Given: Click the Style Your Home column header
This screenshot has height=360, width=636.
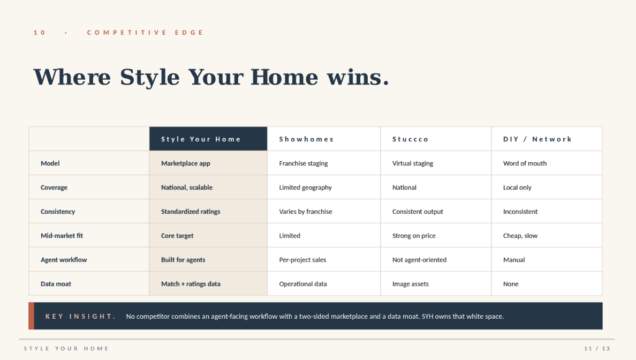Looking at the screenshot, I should coord(201,139).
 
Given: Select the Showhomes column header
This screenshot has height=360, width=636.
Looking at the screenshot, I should coord(306,139).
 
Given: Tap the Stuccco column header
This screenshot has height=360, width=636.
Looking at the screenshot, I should coord(411,139).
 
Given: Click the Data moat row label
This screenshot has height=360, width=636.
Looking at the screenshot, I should coord(56,284).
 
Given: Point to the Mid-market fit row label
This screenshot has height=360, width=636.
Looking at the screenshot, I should coord(62,236).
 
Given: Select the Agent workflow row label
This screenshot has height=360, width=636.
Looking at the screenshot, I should coord(64,260).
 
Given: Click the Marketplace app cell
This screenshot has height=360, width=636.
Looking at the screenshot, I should coord(186,163).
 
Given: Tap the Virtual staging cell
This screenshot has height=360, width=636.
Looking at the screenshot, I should coord(413,163).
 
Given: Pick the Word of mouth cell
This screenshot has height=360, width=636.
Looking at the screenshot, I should coord(525,163).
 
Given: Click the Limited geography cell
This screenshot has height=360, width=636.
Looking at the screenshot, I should coord(305,187).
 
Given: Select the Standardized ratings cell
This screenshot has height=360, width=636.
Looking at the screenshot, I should coord(191,212).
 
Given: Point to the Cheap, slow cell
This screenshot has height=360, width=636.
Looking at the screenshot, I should coord(520,236).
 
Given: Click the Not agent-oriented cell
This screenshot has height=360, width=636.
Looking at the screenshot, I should coord(419,260).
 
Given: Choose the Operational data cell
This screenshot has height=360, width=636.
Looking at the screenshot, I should coord(303,284).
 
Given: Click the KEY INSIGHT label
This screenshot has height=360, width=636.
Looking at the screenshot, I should coord(80,317).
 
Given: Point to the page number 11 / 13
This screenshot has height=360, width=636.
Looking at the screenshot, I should coord(597,349).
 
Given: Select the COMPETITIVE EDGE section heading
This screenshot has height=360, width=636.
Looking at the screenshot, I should coord(145,33).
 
